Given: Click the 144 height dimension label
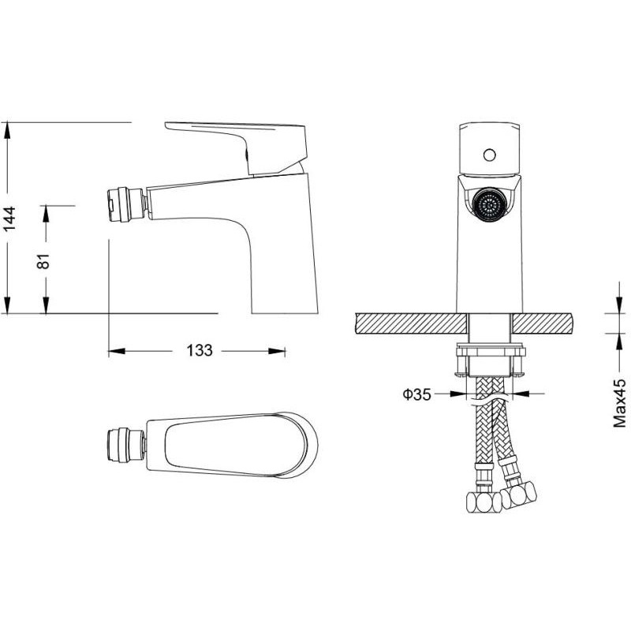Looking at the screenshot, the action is pyautogui.click(x=9, y=218).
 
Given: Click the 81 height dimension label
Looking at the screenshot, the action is pyautogui.click(x=43, y=261).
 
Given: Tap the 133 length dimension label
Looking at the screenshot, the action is pyautogui.click(x=200, y=350).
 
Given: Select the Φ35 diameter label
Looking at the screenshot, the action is pyautogui.click(x=417, y=394).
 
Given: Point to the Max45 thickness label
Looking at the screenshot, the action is pyautogui.click(x=619, y=403).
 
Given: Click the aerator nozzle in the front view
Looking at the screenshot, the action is pyautogui.click(x=489, y=203).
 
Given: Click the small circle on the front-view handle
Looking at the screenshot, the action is pyautogui.click(x=489, y=155).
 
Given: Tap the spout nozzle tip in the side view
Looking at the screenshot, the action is pyautogui.click(x=125, y=204).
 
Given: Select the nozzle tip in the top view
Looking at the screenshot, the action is pyautogui.click(x=125, y=446).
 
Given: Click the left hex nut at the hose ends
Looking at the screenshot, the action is pyautogui.click(x=484, y=502).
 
